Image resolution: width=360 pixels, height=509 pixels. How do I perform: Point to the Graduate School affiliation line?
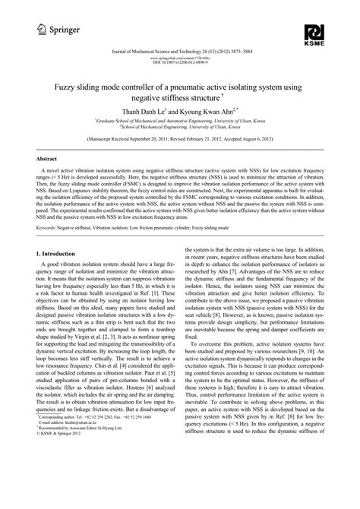pyautogui.click(x=179, y=120)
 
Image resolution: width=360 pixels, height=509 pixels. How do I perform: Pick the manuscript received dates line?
pyautogui.click(x=179, y=140)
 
